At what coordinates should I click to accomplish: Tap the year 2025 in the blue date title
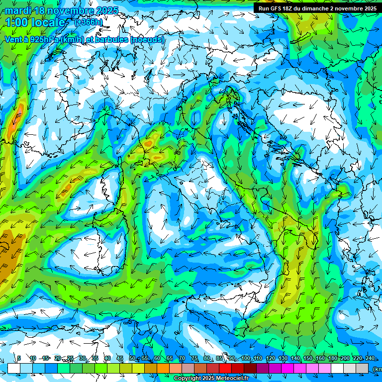(x=106, y=10)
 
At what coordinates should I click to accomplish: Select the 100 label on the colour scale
(x=246, y=359)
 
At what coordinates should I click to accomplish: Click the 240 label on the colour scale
(x=370, y=359)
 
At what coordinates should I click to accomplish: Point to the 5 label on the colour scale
(x=19, y=359)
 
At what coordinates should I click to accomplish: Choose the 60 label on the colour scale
(x=157, y=359)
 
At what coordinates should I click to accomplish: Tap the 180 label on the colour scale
(x=332, y=359)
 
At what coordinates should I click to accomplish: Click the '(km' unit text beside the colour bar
(x=377, y=369)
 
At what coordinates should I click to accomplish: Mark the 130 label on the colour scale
(x=283, y=359)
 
